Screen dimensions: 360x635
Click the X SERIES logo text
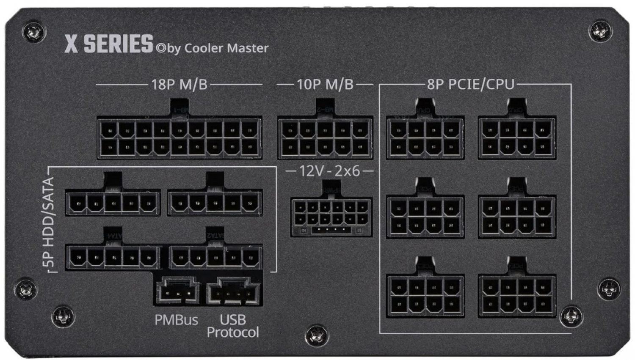click(109, 44)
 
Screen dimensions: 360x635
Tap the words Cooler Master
click(226, 48)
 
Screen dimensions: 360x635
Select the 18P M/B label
click(179, 85)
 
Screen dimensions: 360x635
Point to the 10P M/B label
click(325, 85)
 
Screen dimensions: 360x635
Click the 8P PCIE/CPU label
click(470, 85)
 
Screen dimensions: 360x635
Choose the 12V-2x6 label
click(329, 171)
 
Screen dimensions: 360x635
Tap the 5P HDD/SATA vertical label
click(49, 222)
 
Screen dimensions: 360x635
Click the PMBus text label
click(176, 320)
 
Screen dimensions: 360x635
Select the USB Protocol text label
click(233, 326)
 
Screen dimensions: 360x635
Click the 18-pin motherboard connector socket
click(179, 138)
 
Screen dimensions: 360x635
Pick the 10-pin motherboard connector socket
click(325, 138)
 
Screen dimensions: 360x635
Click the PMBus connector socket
click(178, 291)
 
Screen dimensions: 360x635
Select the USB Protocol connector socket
click(233, 291)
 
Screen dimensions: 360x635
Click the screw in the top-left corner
click(33, 32)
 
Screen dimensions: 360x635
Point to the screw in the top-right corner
click(600, 30)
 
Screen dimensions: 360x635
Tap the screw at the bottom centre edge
click(317, 335)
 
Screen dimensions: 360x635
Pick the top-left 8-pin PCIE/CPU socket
click(425, 138)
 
